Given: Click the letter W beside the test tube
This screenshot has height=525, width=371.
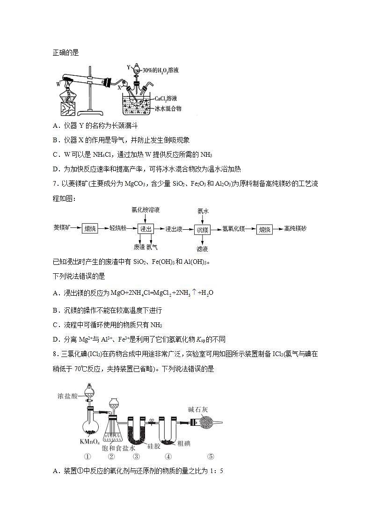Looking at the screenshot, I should point(58,84).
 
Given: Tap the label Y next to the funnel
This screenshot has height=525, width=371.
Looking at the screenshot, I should point(128,67).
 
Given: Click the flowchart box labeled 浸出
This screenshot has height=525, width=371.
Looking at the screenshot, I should point(146,229).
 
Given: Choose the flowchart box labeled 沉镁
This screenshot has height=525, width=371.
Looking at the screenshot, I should point(203,229).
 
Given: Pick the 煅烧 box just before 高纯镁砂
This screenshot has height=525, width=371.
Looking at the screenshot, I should point(264,229).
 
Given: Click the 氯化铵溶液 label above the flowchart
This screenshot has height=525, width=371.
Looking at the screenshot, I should point(145,210).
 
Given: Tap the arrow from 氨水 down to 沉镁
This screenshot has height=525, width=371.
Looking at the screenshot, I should point(202,219).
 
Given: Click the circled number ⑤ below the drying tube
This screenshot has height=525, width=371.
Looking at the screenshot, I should point(211,457).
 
